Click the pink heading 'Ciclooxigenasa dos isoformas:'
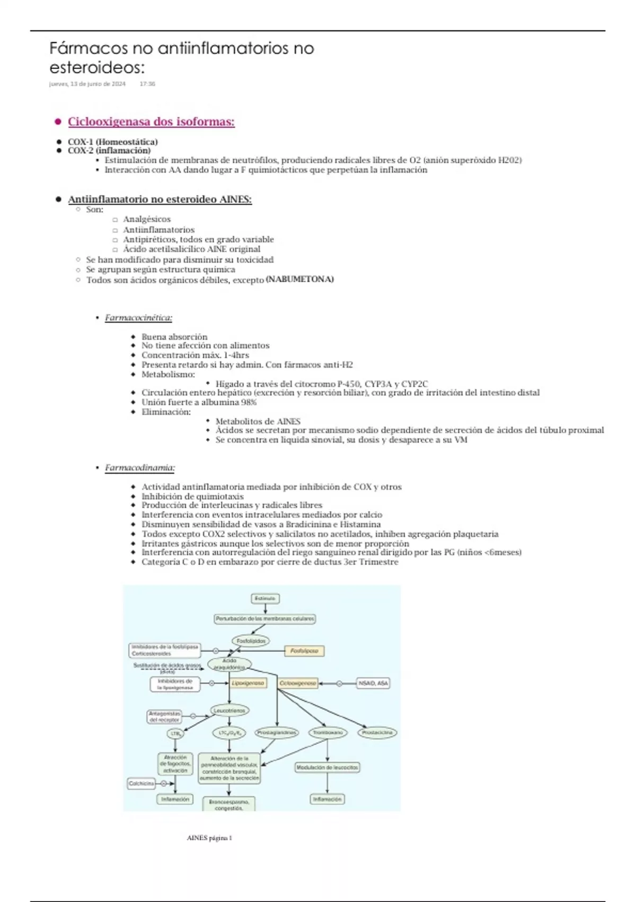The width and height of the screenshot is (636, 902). click(151, 122)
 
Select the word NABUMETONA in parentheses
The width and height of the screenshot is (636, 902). click(299, 279)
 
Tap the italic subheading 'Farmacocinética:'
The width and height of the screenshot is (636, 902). click(138, 318)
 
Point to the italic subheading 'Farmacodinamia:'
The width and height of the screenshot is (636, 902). click(140, 467)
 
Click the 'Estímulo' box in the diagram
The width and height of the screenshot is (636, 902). click(265, 599)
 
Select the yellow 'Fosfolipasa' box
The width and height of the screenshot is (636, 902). click(304, 651)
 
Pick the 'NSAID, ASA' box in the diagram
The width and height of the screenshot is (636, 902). click(373, 683)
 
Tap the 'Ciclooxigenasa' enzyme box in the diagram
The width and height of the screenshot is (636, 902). click(298, 683)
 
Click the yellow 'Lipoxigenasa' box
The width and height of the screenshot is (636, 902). click(248, 683)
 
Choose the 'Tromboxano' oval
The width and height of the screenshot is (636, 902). click(328, 733)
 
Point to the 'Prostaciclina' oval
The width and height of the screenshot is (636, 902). click(377, 733)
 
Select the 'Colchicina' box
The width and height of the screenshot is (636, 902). click(142, 783)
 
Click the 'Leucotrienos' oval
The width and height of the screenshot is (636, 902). click(229, 710)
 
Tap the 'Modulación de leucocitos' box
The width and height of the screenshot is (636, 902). click(327, 767)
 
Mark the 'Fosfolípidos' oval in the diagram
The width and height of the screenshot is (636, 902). click(251, 641)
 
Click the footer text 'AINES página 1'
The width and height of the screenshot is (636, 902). click(209, 838)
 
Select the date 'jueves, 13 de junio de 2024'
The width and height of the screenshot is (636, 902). click(87, 84)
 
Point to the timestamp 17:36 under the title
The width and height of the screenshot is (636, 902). click(147, 84)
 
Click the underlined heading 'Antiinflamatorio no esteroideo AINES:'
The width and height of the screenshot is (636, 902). click(160, 200)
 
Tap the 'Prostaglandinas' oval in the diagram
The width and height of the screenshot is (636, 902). click(277, 733)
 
